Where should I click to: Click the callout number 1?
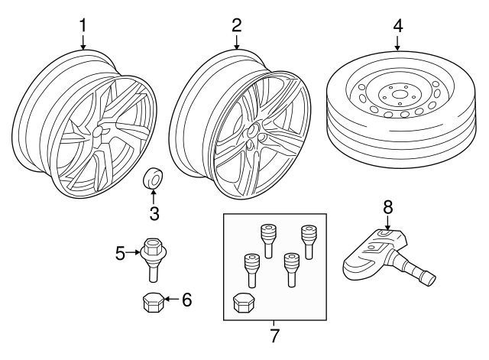(x=83, y=25)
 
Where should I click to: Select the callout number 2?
(x=237, y=25)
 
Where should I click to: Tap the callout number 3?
(x=154, y=214)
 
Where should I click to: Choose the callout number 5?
(x=120, y=253)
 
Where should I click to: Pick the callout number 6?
(x=186, y=300)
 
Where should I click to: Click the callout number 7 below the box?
(x=274, y=336)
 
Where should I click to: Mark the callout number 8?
(x=387, y=207)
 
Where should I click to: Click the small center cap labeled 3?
(x=154, y=179)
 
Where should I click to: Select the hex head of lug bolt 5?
(x=153, y=245)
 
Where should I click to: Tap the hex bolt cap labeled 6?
(x=152, y=303)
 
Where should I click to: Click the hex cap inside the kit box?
(x=243, y=302)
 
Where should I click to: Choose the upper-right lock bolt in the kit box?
(x=308, y=242)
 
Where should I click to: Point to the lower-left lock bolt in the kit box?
(x=251, y=271)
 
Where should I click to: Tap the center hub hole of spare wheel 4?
(x=398, y=94)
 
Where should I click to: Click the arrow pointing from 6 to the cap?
(x=171, y=299)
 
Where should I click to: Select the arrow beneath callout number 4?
(x=397, y=44)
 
